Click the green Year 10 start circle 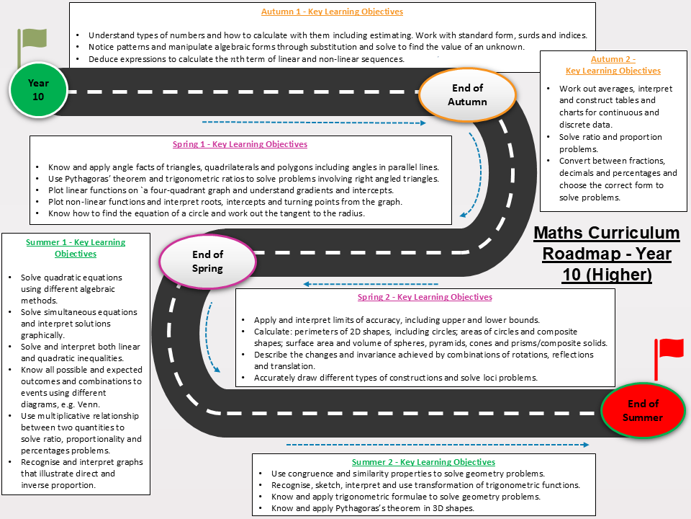[x=38, y=90]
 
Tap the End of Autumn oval [x=467, y=95]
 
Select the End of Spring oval [x=207, y=261]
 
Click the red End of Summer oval [x=643, y=410]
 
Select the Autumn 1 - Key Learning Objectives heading [x=332, y=12]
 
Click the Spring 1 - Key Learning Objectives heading [x=240, y=144]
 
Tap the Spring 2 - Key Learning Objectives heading [x=425, y=297]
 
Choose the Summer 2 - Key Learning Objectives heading [x=423, y=462]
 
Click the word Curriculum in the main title [x=636, y=233]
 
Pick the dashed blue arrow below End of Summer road [x=438, y=445]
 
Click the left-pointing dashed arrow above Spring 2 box [x=371, y=284]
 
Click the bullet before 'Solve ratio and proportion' [x=548, y=137]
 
